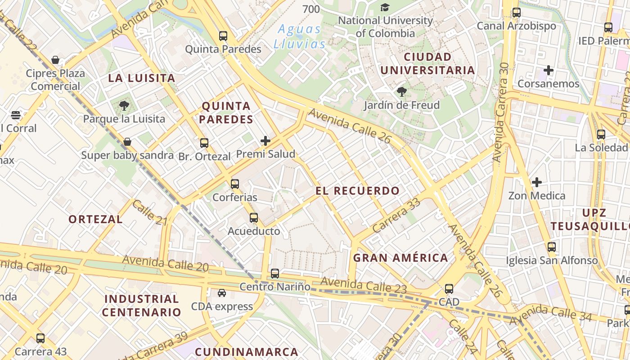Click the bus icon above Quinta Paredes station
223,36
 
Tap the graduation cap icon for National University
385,7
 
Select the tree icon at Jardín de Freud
402,92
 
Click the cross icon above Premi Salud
265,141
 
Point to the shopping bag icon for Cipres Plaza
55,60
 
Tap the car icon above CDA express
222,293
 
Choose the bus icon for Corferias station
235,184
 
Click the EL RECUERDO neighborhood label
357,191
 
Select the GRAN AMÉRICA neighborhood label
400,258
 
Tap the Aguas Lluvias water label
299,37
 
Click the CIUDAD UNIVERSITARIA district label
427,63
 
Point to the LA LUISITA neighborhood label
142,78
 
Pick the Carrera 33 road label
396,215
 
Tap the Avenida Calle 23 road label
364,285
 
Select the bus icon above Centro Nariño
275,273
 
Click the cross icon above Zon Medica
536,182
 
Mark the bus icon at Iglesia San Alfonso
552,247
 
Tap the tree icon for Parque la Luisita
124,106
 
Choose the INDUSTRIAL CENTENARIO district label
141,306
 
